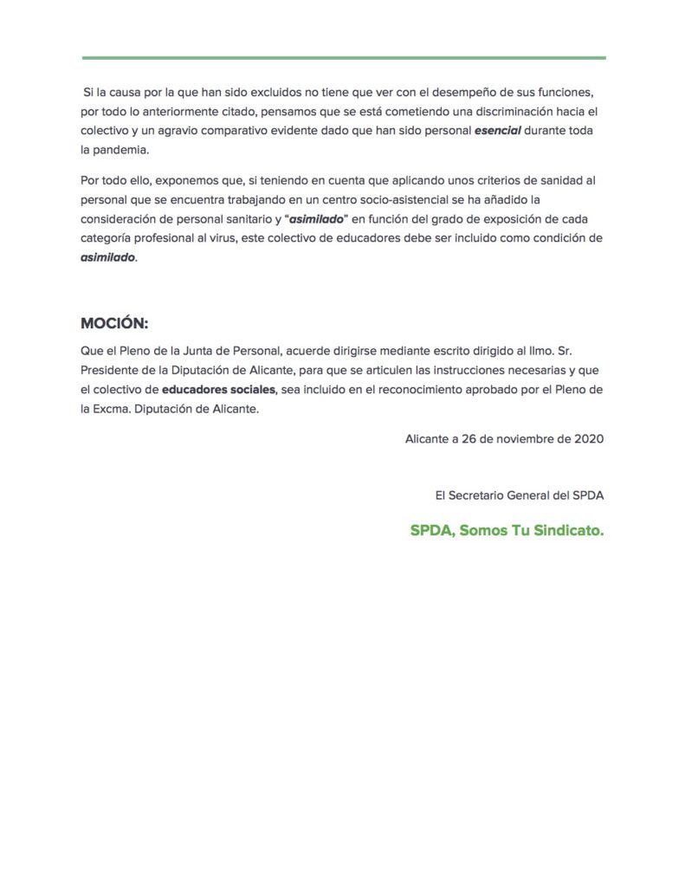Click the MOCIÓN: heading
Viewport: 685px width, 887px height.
(x=114, y=323)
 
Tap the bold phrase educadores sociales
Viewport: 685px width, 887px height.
(x=219, y=390)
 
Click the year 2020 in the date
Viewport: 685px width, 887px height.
(x=589, y=439)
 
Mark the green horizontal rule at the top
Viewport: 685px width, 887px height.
(x=344, y=58)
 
